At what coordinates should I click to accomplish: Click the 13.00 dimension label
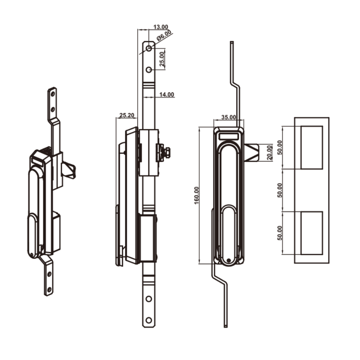(161, 27)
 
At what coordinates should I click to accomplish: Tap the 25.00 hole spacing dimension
(162, 58)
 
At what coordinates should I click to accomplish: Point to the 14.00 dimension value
(166, 95)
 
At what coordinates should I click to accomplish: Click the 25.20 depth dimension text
(126, 116)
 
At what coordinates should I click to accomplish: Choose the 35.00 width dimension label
(229, 117)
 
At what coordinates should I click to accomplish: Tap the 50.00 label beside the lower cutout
(279, 233)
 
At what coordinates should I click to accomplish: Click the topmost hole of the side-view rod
(148, 48)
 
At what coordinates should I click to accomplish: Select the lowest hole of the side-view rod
(148, 320)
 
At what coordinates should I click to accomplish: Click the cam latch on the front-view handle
(252, 152)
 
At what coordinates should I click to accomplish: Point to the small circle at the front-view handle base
(229, 260)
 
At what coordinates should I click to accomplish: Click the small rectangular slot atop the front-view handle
(229, 135)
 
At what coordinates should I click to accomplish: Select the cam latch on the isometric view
(70, 170)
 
